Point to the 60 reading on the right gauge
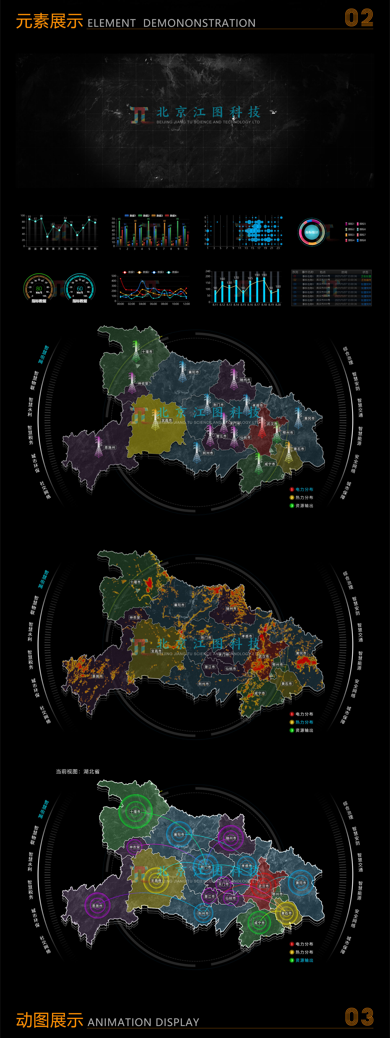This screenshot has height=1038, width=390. point(79,288)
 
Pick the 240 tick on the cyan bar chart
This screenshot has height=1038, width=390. point(208,271)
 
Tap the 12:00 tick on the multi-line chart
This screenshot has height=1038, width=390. point(186,304)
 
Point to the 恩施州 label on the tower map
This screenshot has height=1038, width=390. point(110,447)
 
